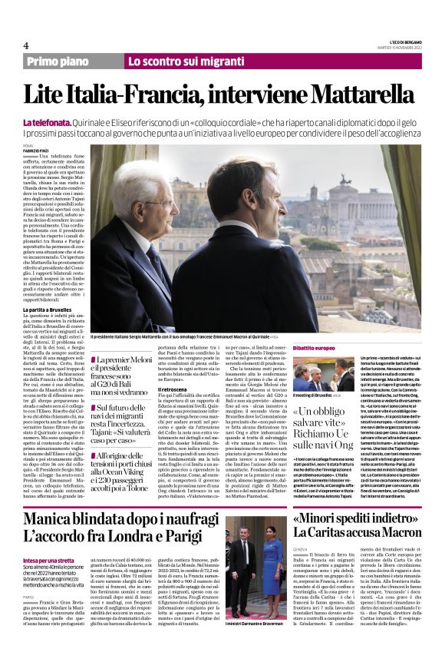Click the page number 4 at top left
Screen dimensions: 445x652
26,45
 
